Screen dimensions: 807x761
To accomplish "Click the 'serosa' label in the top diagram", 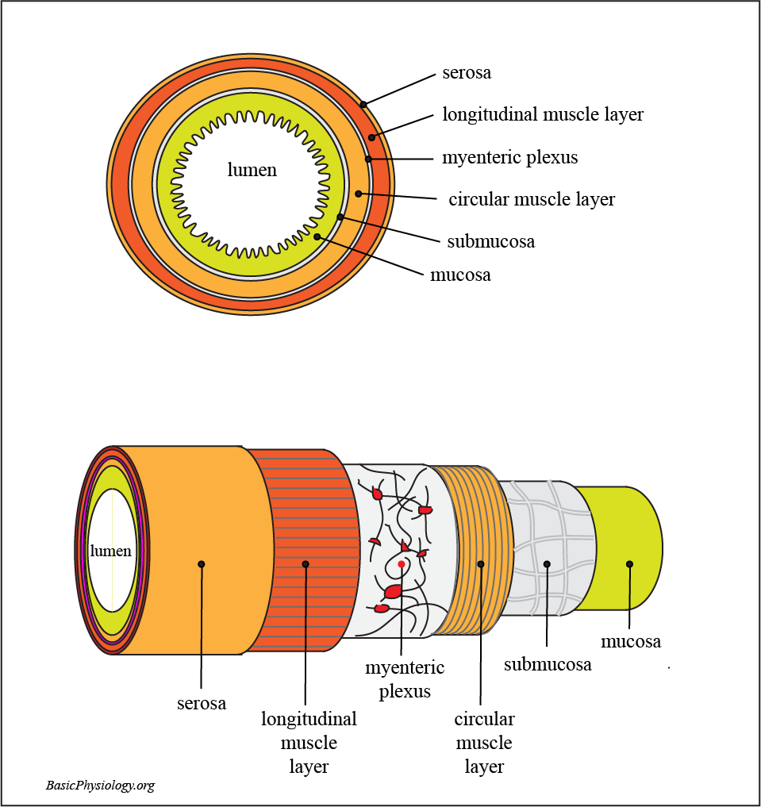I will coord(467,73).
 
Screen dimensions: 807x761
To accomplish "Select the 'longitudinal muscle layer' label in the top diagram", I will coord(543,114).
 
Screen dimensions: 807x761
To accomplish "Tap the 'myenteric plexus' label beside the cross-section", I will coord(509,158).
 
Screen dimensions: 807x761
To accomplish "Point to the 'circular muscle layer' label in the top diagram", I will coord(532,199).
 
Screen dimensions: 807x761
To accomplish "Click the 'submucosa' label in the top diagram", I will coord(490,241).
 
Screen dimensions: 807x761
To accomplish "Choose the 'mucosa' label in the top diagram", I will coord(460,275).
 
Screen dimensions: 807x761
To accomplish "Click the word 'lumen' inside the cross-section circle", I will coord(252,170).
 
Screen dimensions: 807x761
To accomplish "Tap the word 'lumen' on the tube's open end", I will coord(110,551).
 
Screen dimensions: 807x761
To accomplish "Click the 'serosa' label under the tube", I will coord(202,703).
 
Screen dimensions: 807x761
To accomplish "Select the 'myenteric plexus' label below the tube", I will coord(405,679).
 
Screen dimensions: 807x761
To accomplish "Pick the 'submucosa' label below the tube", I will coord(548,664).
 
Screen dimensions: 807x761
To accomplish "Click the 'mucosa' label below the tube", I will coord(631,641).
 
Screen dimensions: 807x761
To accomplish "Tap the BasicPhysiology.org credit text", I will coord(100,786).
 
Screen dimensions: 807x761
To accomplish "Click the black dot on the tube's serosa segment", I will coord(202,564).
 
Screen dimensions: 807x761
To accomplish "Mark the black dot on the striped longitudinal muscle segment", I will coord(306,564).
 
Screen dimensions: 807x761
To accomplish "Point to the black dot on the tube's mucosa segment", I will coord(629,564).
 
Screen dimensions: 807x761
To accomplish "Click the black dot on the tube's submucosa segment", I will coord(547,564).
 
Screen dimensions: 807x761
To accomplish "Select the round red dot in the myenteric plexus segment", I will coord(402,564).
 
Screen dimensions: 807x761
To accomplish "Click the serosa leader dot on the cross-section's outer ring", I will coord(363,104).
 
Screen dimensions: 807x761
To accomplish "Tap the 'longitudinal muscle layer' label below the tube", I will coord(309,743).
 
